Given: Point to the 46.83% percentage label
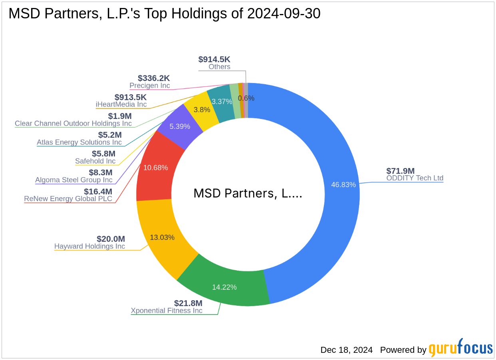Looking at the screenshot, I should click(x=343, y=184).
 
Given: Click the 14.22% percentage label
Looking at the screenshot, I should click(x=224, y=287).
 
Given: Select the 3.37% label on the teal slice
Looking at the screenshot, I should click(x=222, y=102).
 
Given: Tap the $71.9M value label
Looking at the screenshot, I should click(x=401, y=170).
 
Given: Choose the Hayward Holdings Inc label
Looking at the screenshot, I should click(x=89, y=246).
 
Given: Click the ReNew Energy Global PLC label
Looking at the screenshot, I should click(x=68, y=199).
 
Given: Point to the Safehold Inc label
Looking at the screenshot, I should click(x=95, y=161).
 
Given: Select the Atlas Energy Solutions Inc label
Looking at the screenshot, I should click(x=79, y=142).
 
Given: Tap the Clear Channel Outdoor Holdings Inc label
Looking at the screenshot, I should click(x=73, y=123).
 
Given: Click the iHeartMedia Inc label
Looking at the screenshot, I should click(x=121, y=104).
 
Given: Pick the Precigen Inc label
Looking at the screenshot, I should click(x=150, y=85).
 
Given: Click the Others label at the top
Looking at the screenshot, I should click(x=219, y=67).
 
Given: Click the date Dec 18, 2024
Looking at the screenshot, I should click(x=346, y=350).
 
